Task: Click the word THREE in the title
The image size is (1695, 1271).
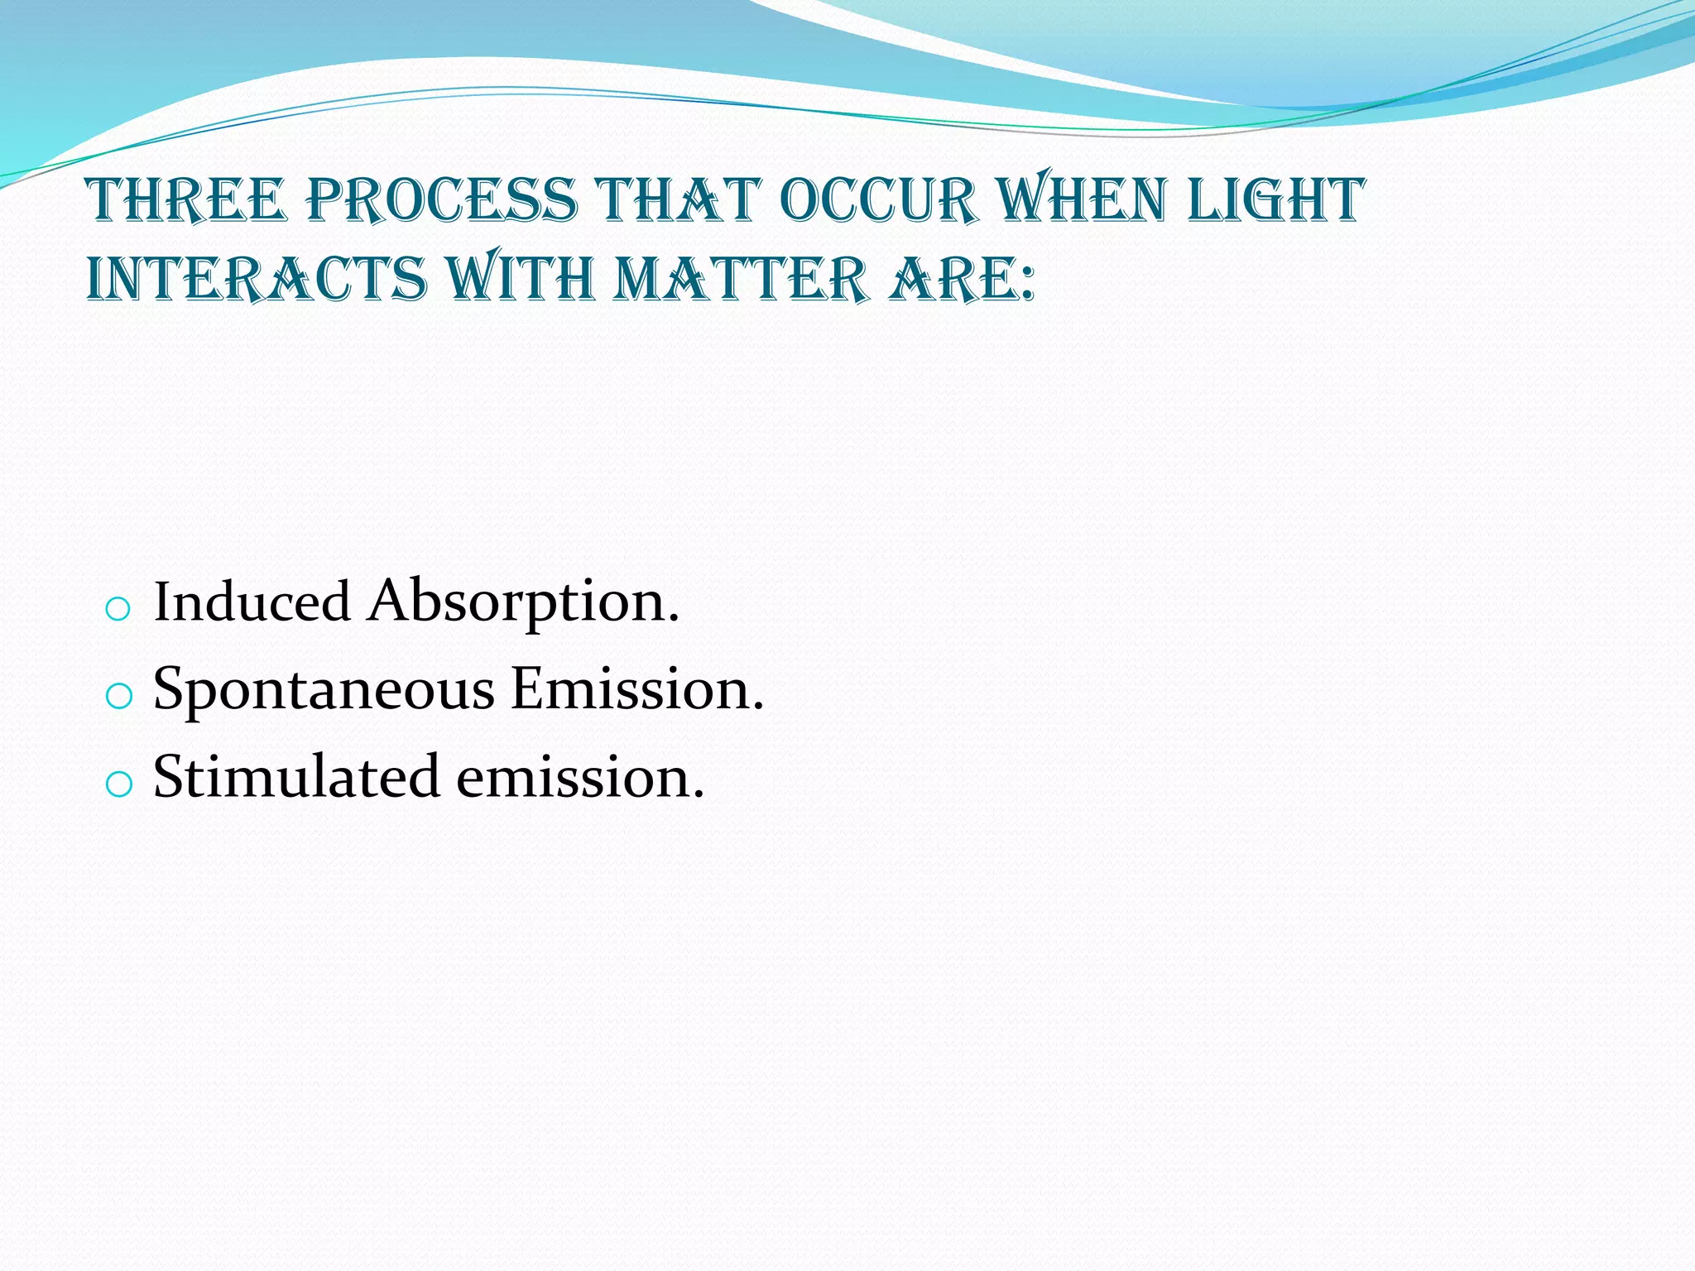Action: pyautogui.click(x=186, y=201)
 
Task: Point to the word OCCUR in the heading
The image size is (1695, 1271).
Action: pyautogui.click(x=878, y=201)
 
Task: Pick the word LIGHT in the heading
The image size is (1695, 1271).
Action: pyautogui.click(x=1275, y=201)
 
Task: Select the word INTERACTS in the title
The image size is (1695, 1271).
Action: pyautogui.click(x=257, y=280)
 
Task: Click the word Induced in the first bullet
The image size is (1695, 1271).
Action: pyautogui.click(x=252, y=602)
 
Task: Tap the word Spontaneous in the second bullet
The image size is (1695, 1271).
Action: pyautogui.click(x=324, y=689)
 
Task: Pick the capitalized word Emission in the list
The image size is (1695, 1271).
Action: pyautogui.click(x=631, y=689)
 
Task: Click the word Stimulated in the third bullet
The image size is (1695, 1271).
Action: pyautogui.click(x=295, y=778)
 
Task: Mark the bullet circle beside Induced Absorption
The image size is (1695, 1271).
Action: pyautogui.click(x=118, y=610)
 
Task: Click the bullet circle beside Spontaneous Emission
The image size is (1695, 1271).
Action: pyautogui.click(x=118, y=697)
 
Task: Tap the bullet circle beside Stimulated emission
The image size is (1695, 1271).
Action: pyautogui.click(x=118, y=784)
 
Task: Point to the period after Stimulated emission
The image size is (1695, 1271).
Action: pyautogui.click(x=698, y=796)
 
